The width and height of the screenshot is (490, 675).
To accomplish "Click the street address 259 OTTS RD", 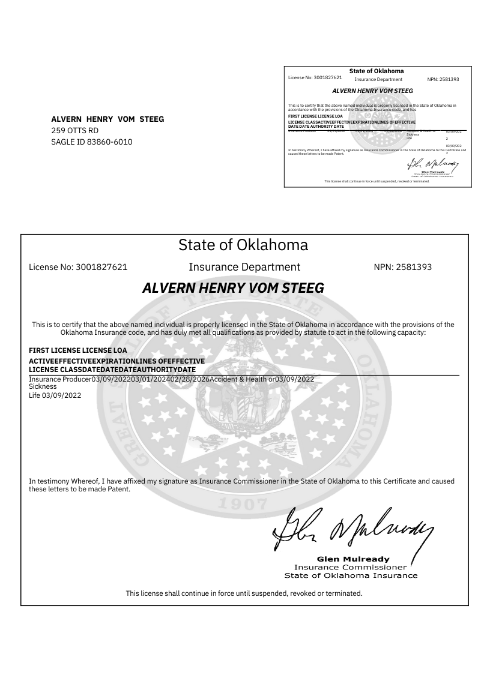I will point(74,130).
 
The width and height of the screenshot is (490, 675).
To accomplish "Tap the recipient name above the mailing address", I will point(107,119).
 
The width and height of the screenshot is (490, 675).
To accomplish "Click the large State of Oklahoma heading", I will point(243,245).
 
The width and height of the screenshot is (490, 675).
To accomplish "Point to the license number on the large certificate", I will point(78,267).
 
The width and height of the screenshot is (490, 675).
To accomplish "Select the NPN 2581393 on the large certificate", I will point(402,267).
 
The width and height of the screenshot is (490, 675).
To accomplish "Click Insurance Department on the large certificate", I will point(244,267).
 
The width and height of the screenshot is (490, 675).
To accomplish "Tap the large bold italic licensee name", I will point(233,288).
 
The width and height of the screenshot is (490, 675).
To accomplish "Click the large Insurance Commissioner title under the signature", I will point(351,567).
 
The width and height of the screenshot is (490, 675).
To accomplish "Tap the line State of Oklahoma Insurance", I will point(351,575).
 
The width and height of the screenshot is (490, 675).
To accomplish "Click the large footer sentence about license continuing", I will point(244,593).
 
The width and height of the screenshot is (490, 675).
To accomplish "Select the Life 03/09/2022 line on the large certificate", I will point(55,395).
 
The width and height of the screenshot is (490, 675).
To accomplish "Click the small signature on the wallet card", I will point(432,163).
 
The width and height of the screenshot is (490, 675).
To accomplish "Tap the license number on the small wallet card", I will point(315,78).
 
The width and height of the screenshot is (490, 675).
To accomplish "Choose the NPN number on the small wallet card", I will point(443,79).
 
